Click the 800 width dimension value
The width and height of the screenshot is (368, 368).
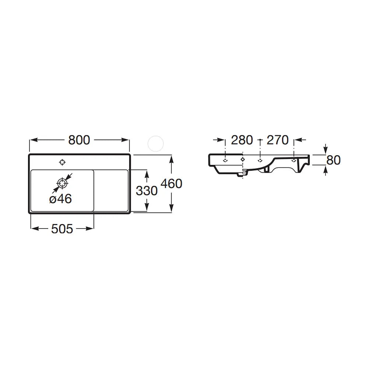point(79,140)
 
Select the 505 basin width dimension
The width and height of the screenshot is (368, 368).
point(62,229)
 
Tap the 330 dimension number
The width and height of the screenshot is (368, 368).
point(147,191)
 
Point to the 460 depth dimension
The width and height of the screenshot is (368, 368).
point(171,184)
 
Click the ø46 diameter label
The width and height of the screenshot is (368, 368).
point(61,199)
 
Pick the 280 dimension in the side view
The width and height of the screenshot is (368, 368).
point(242,140)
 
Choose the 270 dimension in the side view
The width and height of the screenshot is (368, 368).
point(277,140)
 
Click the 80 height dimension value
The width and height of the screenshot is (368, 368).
point(333,160)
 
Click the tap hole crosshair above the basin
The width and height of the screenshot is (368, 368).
point(62,162)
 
